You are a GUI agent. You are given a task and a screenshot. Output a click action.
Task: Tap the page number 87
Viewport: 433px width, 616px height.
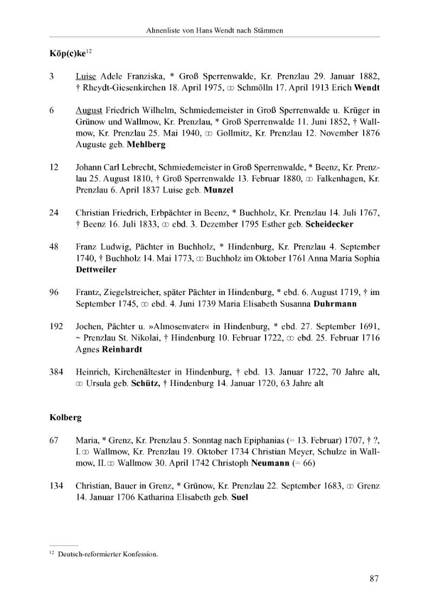pos(374,579)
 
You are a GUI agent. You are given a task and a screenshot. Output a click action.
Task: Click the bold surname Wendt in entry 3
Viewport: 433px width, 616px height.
pos(367,88)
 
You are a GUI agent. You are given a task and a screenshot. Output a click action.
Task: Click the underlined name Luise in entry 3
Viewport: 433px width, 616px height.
pos(86,76)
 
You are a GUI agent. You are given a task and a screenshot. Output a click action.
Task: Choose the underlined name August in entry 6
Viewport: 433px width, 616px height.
pos(88,110)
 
